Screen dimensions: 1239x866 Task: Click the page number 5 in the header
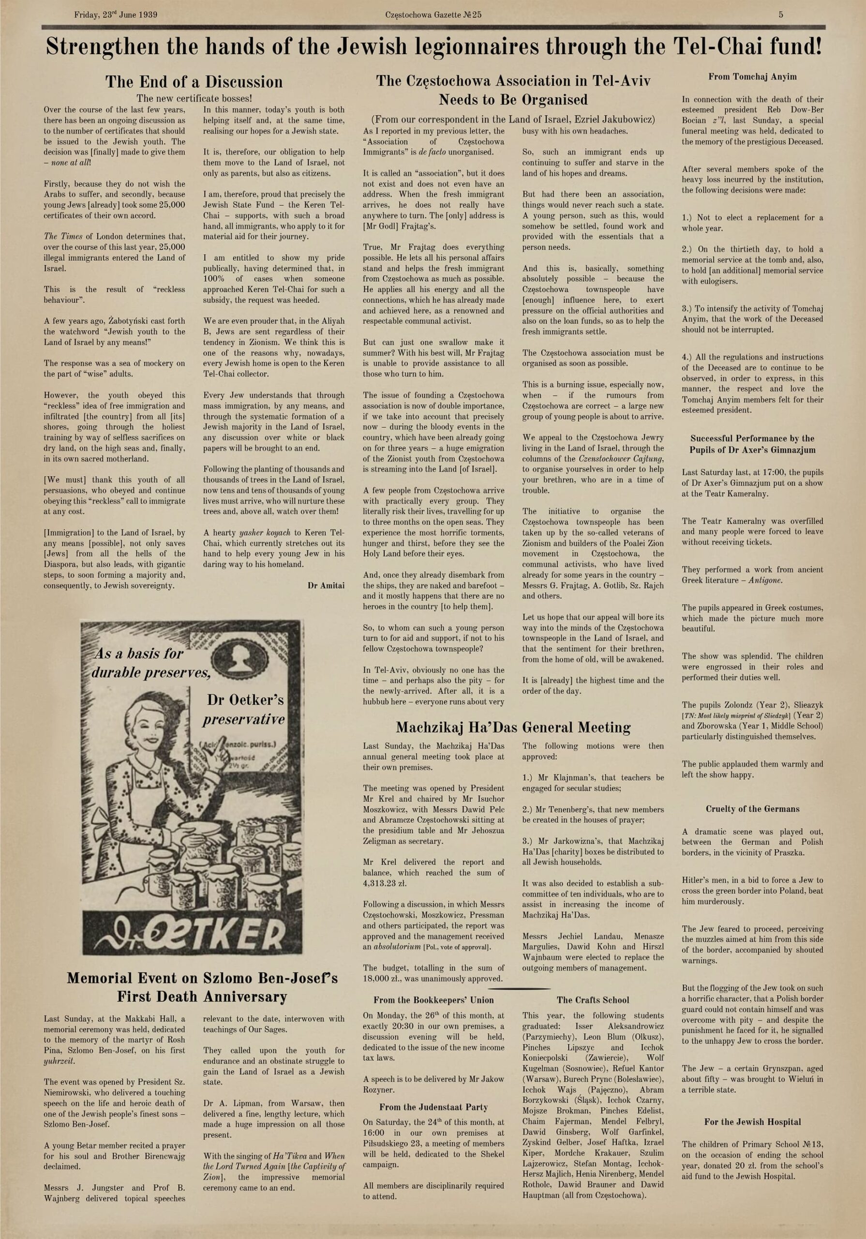pos(781,15)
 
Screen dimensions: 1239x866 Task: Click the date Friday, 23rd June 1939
pos(116,15)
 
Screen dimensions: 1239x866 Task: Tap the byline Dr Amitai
pos(326,586)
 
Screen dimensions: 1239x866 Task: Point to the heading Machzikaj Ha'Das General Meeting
pos(513,727)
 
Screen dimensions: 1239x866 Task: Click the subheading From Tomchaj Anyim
pos(752,76)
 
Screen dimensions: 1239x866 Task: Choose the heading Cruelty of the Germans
pos(752,809)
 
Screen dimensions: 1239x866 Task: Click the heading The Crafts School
pos(593,1000)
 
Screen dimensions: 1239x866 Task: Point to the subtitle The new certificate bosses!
pos(194,98)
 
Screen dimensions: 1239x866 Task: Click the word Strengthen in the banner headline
pos(103,47)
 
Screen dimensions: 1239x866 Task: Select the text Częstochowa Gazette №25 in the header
pos(433,15)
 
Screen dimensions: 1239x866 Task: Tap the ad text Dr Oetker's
pos(245,700)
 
